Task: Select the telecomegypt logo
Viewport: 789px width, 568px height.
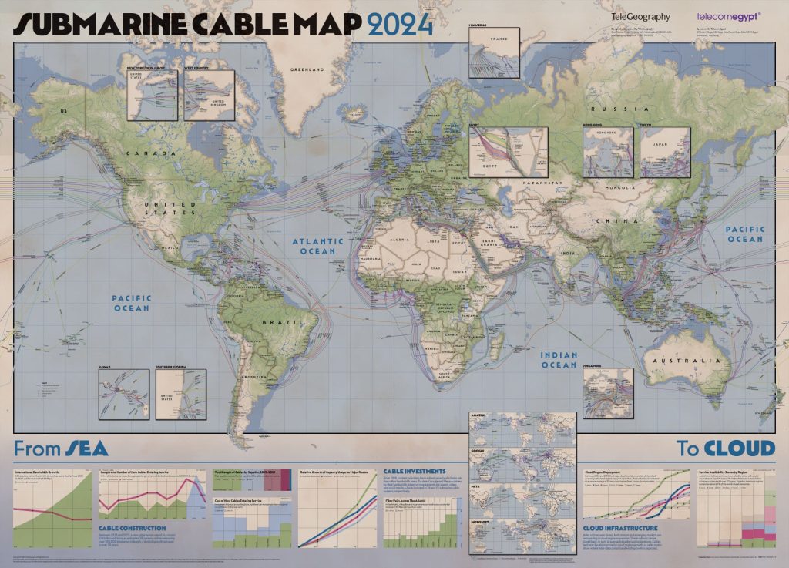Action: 727,15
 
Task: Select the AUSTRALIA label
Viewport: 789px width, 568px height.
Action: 675,360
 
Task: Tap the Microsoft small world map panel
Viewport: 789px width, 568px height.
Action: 522,533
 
